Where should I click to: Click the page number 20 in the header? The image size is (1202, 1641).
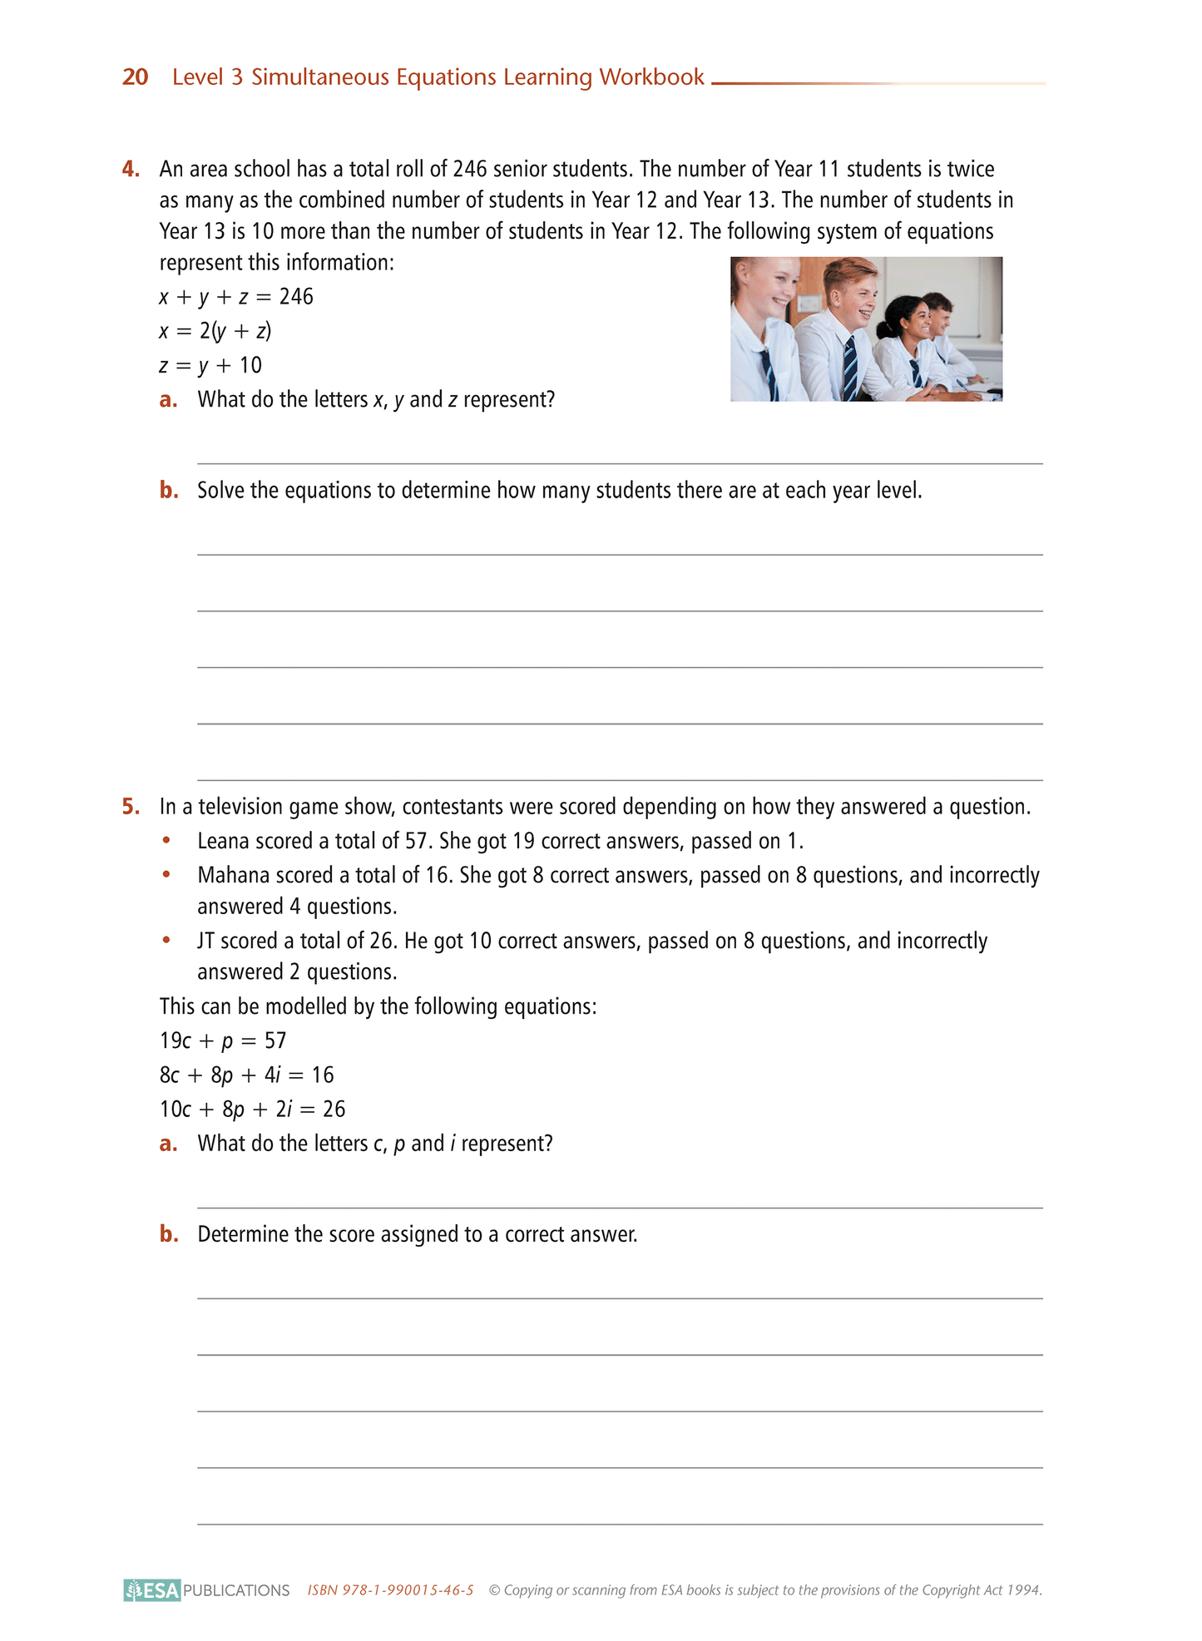tap(135, 77)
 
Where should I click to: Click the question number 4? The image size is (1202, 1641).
tap(131, 170)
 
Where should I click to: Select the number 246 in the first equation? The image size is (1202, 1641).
tap(296, 297)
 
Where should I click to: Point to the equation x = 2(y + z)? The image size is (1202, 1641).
tap(215, 331)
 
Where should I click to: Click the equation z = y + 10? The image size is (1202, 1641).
tap(210, 365)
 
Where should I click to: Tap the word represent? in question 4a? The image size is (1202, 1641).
tap(509, 400)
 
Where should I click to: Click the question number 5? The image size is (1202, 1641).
tap(131, 807)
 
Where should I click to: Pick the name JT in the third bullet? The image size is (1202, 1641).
tap(205, 942)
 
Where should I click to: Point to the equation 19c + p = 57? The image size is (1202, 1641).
tap(223, 1041)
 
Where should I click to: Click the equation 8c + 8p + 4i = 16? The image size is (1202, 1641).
tap(246, 1075)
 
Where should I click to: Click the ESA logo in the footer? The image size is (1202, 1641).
tap(152, 1590)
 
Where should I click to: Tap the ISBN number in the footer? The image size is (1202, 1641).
tap(390, 1590)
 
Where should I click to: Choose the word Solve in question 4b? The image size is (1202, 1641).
tap(220, 491)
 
